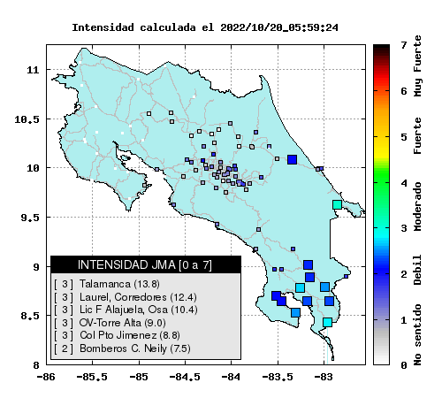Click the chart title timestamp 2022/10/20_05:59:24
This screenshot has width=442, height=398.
point(279,27)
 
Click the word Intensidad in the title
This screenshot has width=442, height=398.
point(103,27)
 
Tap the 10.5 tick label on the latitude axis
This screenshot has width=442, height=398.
point(27,119)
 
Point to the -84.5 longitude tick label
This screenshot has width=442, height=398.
point(185,377)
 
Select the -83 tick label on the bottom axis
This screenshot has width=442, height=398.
point(324,377)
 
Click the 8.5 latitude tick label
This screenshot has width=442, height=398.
point(30,316)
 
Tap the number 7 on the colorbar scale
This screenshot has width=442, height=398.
point(404,45)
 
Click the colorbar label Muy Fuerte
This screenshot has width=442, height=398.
point(417,66)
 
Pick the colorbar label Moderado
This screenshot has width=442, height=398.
point(417,206)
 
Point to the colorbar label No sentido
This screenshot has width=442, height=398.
point(417,334)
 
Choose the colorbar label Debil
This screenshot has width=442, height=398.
point(417,270)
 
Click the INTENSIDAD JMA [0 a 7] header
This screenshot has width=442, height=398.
point(145,264)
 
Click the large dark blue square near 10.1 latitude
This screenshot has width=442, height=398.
point(292,159)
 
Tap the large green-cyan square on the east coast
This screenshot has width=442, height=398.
point(337,204)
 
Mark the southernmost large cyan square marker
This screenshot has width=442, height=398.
point(327,322)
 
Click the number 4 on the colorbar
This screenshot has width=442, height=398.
point(404,183)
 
